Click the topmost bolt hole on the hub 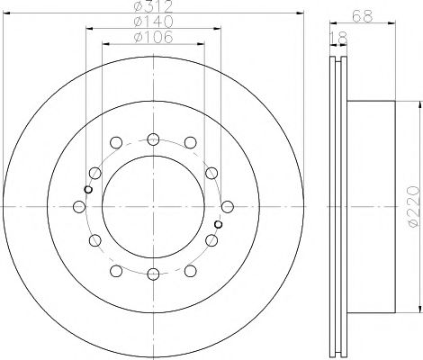click(153, 139)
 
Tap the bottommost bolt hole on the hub click(153, 275)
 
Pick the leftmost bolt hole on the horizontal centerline click(80, 207)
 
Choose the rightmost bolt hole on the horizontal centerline click(226, 207)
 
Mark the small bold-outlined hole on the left click(87, 189)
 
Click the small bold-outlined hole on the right click(219, 225)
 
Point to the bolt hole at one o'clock click(189, 144)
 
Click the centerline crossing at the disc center click(153, 207)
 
